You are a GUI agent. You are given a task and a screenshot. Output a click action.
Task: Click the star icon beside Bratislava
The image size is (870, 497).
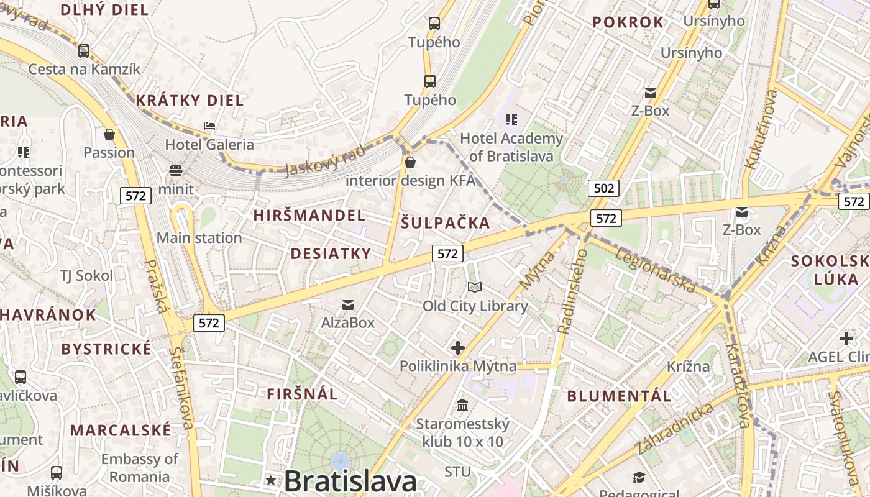click(271, 480)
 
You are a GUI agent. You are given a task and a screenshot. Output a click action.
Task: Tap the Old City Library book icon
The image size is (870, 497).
click(475, 287)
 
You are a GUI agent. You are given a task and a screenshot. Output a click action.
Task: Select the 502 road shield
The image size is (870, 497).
click(603, 188)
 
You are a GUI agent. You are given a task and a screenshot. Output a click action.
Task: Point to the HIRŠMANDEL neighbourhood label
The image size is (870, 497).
click(309, 216)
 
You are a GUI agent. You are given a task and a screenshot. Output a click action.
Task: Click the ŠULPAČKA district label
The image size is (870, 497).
click(445, 223)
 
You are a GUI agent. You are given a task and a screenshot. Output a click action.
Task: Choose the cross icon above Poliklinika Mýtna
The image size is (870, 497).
click(458, 348)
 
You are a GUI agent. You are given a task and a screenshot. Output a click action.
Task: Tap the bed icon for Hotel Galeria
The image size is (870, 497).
click(209, 126)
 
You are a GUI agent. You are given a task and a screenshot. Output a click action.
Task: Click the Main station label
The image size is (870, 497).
click(199, 238)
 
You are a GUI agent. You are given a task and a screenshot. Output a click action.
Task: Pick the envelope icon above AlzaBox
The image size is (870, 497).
click(348, 304)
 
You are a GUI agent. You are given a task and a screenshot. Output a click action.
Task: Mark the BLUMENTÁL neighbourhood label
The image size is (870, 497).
click(619, 396)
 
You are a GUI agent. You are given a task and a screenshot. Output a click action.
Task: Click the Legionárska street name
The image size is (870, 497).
click(655, 271)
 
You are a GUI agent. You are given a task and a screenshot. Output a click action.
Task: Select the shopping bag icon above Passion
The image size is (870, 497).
click(109, 134)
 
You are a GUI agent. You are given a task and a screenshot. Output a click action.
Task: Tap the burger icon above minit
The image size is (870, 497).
click(176, 171)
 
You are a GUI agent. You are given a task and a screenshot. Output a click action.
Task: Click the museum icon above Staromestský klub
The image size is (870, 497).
click(462, 406)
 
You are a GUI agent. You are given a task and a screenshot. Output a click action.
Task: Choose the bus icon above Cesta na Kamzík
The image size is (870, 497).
click(84, 50)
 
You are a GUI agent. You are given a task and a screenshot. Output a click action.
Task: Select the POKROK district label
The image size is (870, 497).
click(628, 22)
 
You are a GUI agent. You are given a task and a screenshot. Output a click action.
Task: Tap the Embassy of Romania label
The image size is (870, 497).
click(139, 468)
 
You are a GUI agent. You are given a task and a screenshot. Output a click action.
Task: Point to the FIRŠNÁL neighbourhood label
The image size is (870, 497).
click(302, 394)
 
